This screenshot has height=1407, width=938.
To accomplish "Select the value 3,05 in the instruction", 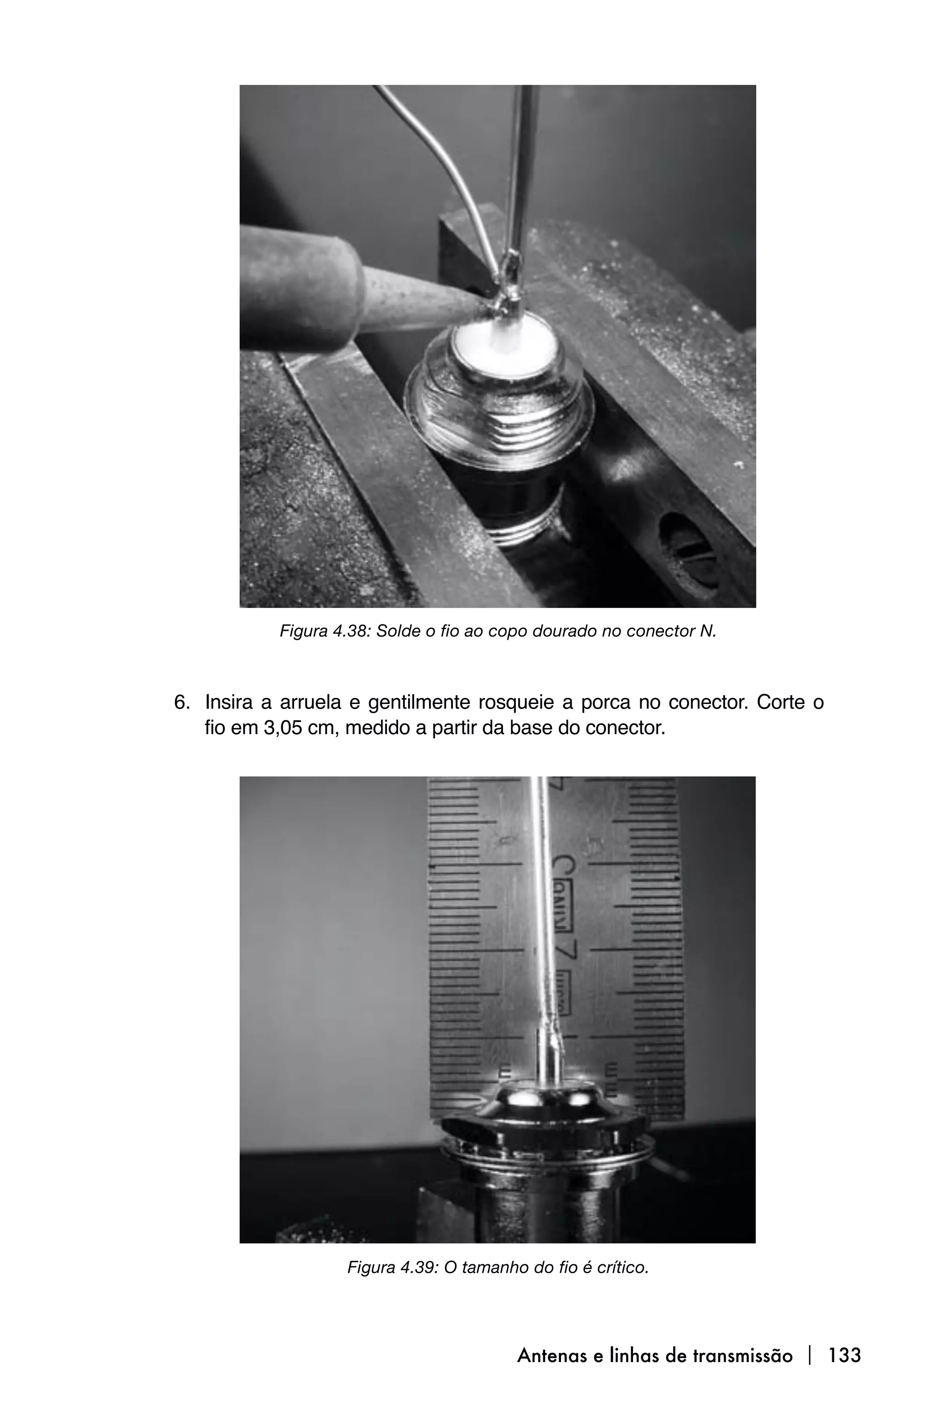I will coord(282,728).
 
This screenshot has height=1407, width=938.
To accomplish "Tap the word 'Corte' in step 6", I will coord(780,702).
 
